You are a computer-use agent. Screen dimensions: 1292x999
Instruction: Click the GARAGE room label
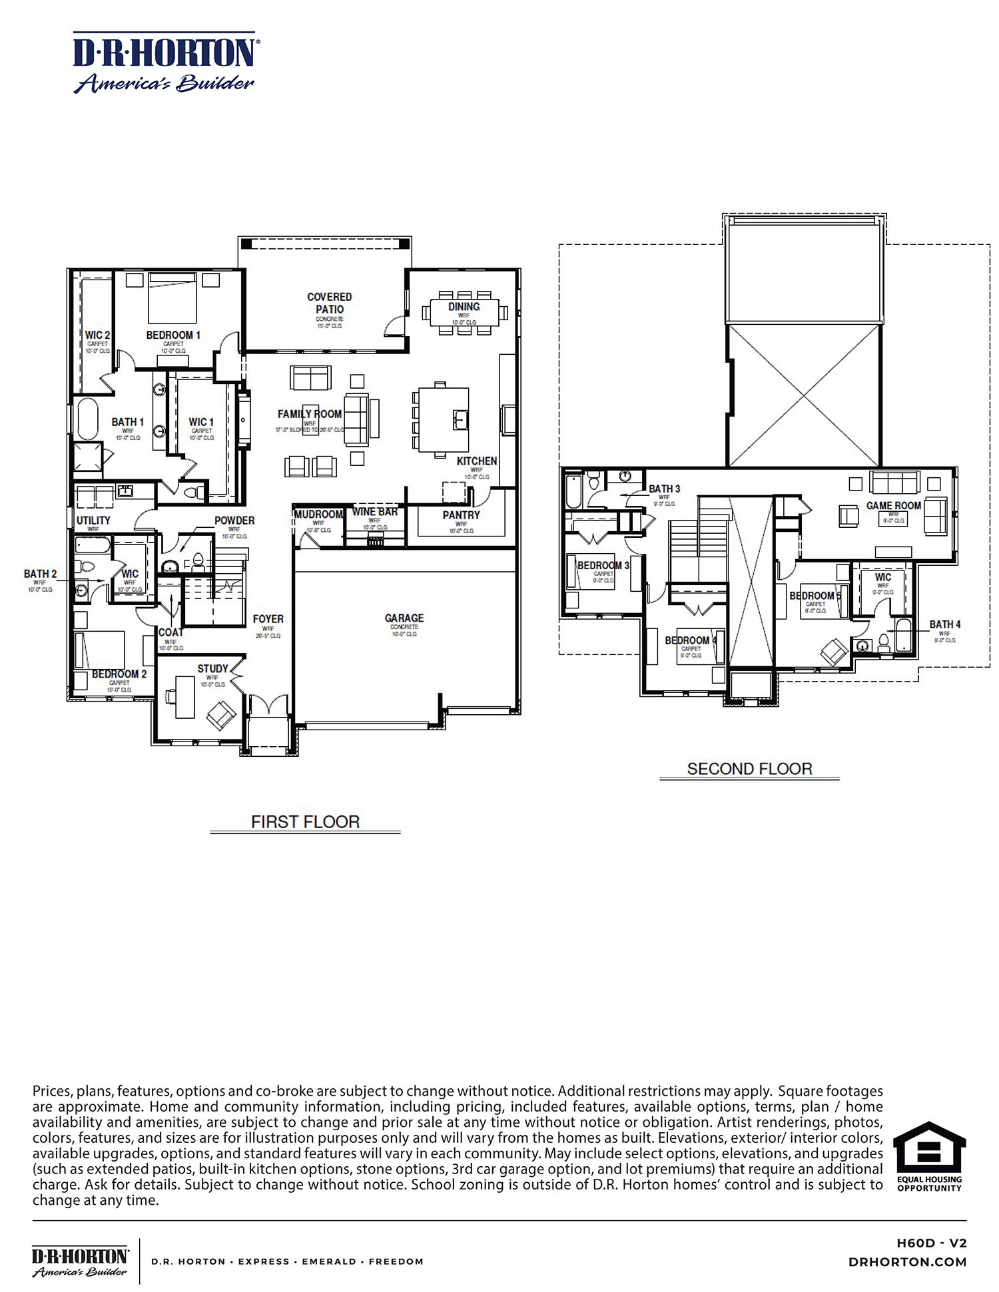[x=404, y=618]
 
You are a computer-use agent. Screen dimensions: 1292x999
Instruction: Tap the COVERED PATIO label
[x=329, y=303]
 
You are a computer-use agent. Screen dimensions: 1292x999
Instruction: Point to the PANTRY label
[x=461, y=515]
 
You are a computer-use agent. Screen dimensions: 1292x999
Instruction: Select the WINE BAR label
[x=374, y=512]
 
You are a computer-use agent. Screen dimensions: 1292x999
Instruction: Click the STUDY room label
[x=212, y=668]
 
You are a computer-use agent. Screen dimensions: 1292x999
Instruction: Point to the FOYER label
[x=268, y=619]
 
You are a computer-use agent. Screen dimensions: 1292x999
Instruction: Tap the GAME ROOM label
[x=893, y=506]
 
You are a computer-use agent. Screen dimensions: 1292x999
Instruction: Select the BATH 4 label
[x=944, y=624]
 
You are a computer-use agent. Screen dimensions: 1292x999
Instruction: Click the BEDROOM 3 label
[x=603, y=565]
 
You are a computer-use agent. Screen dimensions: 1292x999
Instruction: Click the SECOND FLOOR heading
[x=749, y=769]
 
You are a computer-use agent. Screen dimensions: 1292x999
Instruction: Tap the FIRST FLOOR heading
[x=305, y=822]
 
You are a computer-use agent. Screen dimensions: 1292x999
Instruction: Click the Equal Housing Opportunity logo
[x=928, y=1157]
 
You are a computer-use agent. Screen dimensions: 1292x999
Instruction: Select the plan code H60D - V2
[x=931, y=1243]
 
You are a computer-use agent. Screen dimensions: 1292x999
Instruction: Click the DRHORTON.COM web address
[x=907, y=1262]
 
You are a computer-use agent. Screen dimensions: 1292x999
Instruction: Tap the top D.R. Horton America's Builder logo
[x=164, y=62]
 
